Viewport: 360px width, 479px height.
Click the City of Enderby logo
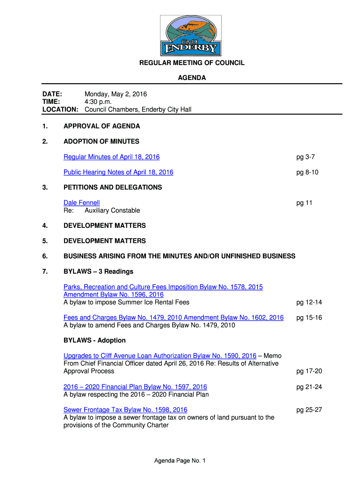tap(191, 36)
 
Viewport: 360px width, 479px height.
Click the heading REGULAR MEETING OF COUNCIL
tap(192, 63)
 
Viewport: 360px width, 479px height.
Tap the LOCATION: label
tap(60, 109)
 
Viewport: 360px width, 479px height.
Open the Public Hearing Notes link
tap(118, 172)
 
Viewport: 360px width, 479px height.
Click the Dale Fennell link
tap(82, 203)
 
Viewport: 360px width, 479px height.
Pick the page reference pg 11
tap(304, 203)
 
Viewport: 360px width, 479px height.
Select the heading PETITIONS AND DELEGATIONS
tap(113, 188)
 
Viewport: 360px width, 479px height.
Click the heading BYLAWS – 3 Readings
tap(99, 271)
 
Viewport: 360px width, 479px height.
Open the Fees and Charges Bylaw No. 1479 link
tap(173, 318)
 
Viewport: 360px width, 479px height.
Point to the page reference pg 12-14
tap(309, 302)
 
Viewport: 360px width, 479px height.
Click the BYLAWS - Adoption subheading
tap(94, 340)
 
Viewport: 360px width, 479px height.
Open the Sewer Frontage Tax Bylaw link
tap(125, 410)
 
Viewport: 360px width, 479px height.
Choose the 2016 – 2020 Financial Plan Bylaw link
tap(135, 387)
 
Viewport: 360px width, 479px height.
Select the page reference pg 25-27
tap(309, 410)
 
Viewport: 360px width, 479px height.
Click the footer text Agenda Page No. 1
tap(180, 461)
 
